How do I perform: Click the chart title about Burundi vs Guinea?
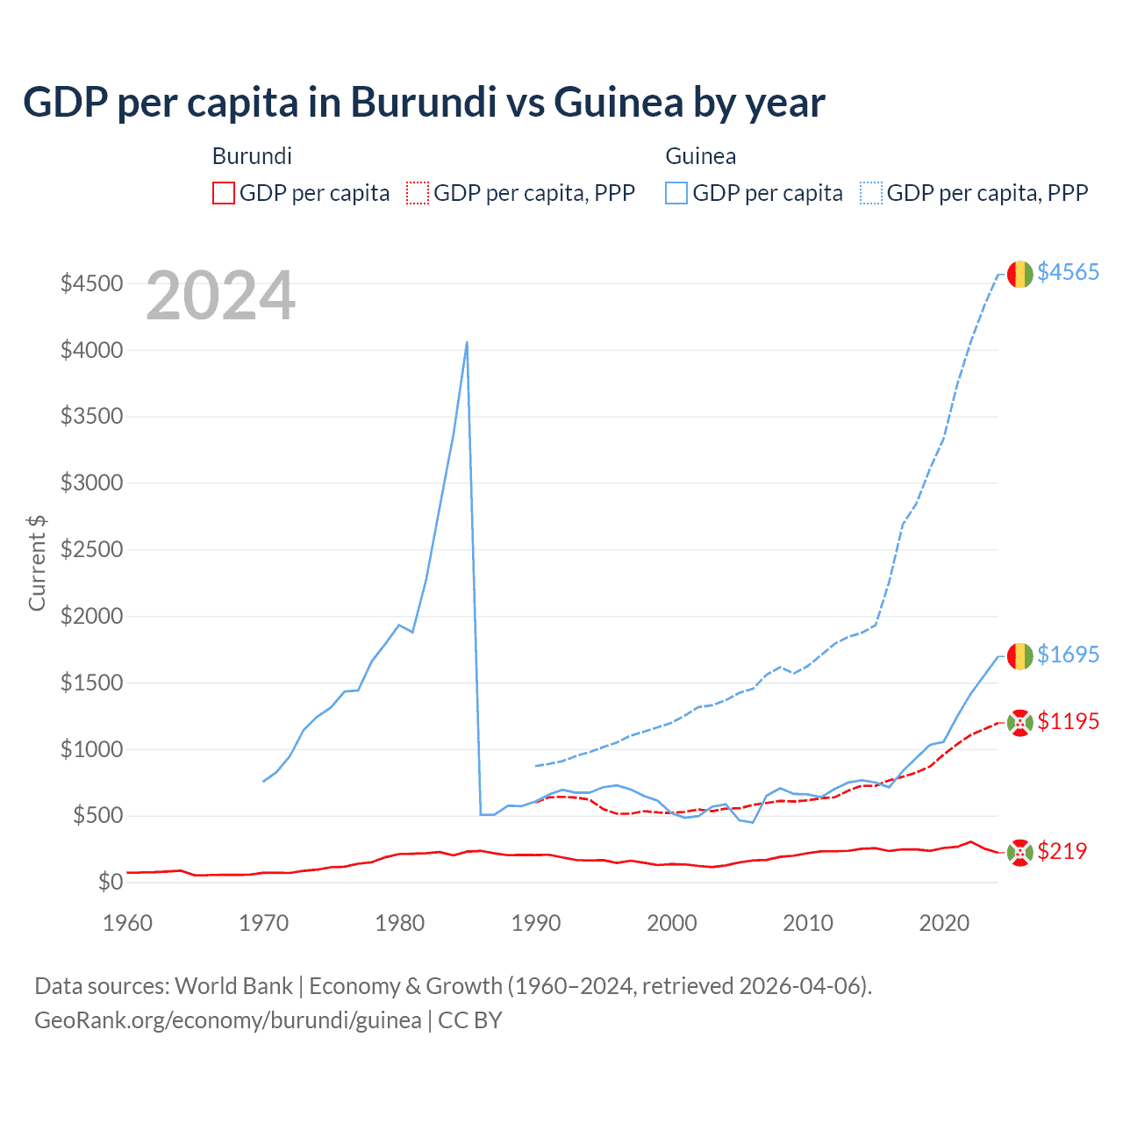pos(424,103)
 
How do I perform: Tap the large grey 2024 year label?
pos(220,297)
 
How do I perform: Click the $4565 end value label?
pos(1068,272)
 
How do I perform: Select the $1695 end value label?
pos(1068,654)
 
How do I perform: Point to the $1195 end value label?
pos(1068,721)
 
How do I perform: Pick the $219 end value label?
pos(1062,851)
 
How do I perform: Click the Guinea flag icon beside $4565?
pos(1019,274)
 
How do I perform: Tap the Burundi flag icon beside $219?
pos(1019,852)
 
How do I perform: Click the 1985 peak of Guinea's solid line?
pos(467,342)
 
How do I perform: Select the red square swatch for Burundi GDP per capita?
pos(224,193)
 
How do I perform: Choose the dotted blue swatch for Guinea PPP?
pos(871,193)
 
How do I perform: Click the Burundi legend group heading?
pos(252,156)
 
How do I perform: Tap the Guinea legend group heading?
pos(700,156)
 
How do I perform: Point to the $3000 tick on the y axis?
pos(91,483)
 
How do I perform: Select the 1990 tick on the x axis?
pos(535,923)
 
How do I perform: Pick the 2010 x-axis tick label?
pos(807,923)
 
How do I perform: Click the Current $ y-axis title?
pos(37,563)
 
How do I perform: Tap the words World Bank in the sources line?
pos(233,986)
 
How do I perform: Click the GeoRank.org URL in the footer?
pos(228,1020)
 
